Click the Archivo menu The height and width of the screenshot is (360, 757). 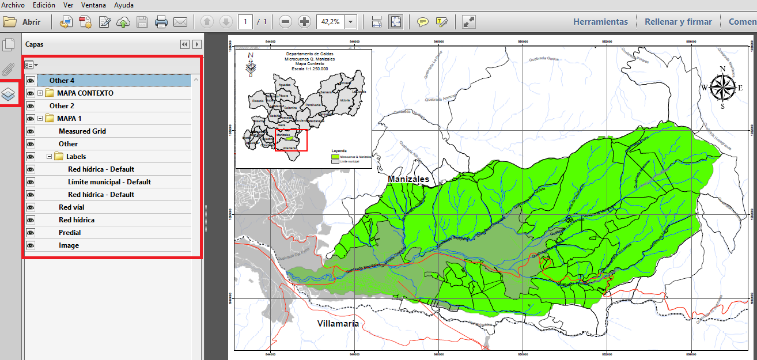coord(13,5)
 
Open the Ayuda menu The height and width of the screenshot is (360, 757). coord(124,5)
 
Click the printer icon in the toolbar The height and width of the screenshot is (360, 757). coord(161,22)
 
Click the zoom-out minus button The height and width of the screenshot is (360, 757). coord(285,22)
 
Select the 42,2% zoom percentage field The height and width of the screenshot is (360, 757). coord(330,22)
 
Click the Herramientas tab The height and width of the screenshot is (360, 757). coord(600,22)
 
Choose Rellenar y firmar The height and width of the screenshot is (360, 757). coord(678,22)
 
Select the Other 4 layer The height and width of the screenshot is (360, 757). coord(62,81)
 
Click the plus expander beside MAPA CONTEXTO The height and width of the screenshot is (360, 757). coord(40,93)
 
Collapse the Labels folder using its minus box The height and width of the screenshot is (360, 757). coord(50,157)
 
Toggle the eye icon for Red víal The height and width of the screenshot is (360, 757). coord(31,207)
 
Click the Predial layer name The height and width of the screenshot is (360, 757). coord(70,233)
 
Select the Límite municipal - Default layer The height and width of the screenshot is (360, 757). coord(109,182)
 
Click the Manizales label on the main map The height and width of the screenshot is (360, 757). coord(408,179)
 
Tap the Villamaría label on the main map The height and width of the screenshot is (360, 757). coord(338,324)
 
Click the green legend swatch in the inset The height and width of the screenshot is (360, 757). coord(334,156)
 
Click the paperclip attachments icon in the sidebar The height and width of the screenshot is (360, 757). coord(9,69)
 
